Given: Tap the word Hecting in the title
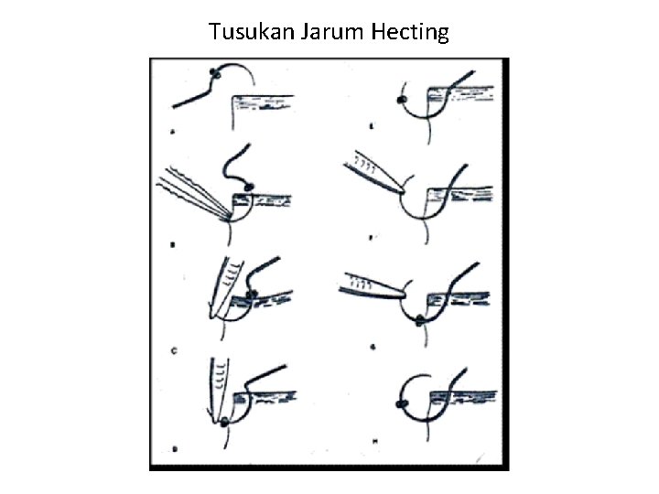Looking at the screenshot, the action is pyautogui.click(x=412, y=33).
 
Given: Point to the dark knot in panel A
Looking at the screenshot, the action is pyautogui.click(x=214, y=72).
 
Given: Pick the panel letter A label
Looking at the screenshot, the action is pyautogui.click(x=173, y=133).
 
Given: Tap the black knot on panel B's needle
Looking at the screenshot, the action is pyautogui.click(x=247, y=188).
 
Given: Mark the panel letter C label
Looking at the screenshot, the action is pyautogui.click(x=173, y=349).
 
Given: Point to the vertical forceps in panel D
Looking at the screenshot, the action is pyautogui.click(x=221, y=389).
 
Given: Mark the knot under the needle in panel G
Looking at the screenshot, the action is pyautogui.click(x=419, y=319).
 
